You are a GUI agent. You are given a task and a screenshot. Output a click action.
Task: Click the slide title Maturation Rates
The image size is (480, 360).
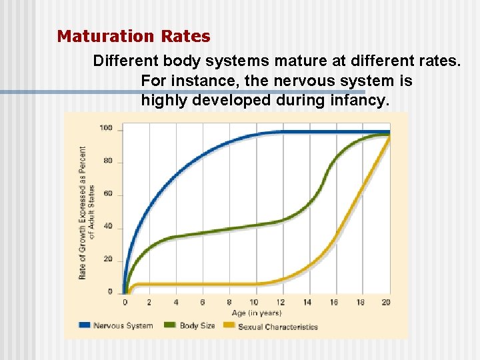tap(133, 36)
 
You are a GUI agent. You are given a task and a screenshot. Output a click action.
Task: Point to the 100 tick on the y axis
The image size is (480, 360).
tap(105, 128)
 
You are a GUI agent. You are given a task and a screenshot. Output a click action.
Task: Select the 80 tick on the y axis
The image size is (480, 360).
tap(107, 161)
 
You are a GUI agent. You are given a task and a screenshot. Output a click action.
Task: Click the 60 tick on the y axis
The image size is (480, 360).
tap(107, 194)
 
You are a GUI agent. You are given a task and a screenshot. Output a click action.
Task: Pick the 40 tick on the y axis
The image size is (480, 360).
tap(107, 227)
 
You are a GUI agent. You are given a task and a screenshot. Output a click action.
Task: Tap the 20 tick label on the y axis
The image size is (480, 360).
tap(107, 259)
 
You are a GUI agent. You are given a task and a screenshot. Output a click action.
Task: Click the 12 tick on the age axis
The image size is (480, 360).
tap(281, 303)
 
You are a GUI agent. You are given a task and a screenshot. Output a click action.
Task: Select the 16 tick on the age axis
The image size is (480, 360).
tap(334, 303)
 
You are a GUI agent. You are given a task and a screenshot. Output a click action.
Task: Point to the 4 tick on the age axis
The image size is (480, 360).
tap(176, 303)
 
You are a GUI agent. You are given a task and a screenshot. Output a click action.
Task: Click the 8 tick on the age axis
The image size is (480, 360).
tap(229, 303)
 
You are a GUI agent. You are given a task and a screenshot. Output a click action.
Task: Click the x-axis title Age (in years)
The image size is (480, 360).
tap(257, 313)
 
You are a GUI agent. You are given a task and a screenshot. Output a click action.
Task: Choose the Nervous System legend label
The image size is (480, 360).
tap(123, 326)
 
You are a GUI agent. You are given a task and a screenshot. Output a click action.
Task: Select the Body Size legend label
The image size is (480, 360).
tap(197, 326)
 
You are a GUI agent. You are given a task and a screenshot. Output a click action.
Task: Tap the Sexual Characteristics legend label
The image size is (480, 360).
tap(277, 327)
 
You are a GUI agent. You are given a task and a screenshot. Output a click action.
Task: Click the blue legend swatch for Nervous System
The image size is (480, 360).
tap(84, 326)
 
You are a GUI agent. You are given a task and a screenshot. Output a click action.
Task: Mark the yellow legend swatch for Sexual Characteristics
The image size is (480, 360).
tap(229, 326)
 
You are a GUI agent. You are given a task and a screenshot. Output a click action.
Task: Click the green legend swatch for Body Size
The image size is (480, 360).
tap(169, 326)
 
